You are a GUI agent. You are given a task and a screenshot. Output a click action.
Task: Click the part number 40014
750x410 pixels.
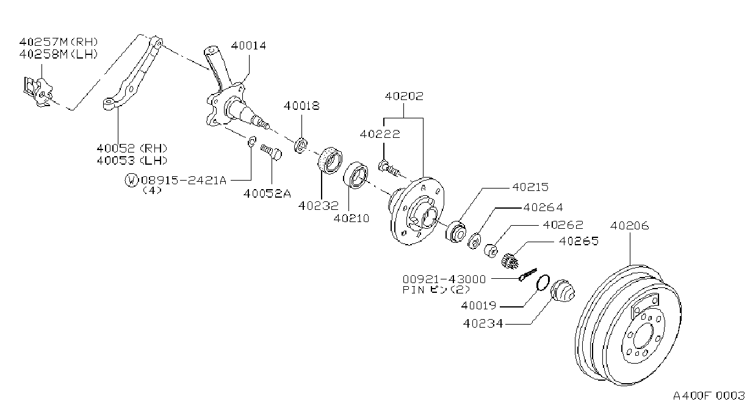(x=248, y=46)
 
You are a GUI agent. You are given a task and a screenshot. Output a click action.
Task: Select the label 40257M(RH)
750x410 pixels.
(x=59, y=42)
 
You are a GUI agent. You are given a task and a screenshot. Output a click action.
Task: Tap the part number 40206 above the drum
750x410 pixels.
(x=629, y=226)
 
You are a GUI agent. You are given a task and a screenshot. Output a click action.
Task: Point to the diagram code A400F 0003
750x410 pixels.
(x=709, y=395)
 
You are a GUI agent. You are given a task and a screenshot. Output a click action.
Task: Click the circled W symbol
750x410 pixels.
(x=131, y=180)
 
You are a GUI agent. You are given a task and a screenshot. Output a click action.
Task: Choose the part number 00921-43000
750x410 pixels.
(x=444, y=279)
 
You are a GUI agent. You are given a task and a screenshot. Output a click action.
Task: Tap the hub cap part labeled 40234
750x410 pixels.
(x=563, y=290)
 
